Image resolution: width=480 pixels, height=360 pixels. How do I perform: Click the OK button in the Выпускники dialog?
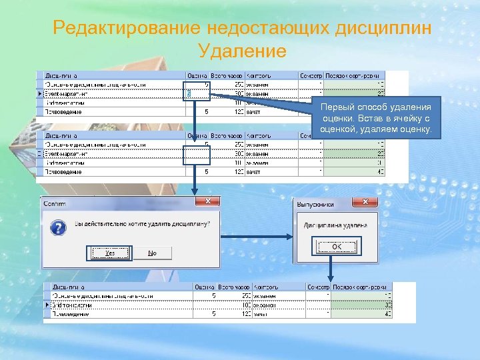[x=336, y=247]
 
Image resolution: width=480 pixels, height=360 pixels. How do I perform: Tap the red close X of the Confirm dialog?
[x=208, y=201]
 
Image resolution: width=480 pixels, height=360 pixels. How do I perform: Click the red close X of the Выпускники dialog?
[x=365, y=201]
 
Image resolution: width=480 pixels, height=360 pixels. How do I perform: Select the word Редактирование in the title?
[x=126, y=29]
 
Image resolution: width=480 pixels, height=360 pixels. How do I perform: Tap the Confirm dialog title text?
[x=55, y=203]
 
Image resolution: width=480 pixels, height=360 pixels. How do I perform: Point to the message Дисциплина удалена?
[x=335, y=225]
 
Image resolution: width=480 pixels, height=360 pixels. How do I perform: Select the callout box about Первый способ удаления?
[x=375, y=117]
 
